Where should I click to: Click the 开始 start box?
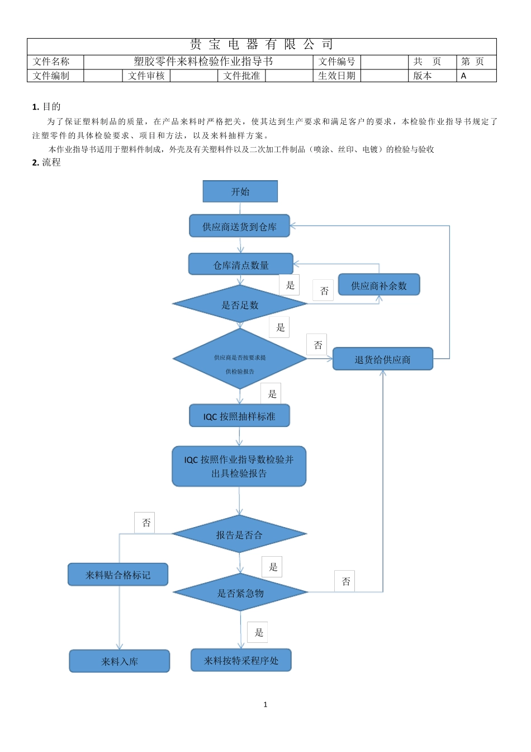tap(240, 191)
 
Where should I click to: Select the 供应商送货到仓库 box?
tap(239, 226)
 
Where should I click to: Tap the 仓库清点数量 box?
tap(240, 264)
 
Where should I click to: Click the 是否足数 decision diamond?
tap(240, 304)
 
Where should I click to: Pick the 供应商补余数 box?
tap(378, 285)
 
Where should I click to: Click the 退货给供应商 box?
tap(382, 359)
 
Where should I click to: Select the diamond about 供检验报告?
tap(240, 359)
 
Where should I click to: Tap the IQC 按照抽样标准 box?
tap(239, 416)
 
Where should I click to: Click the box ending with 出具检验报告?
tap(239, 466)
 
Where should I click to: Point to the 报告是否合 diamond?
tap(239, 534)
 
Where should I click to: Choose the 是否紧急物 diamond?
tap(240, 593)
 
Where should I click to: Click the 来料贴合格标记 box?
tap(118, 575)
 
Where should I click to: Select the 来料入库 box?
tap(119, 661)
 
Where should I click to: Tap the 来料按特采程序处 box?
tap(241, 660)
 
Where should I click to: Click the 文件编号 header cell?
tap(336, 62)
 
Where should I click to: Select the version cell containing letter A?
tap(476, 76)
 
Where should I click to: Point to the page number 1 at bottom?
tap(265, 704)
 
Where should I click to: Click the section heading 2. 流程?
tap(46, 162)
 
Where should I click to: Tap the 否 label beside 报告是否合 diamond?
tap(146, 523)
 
